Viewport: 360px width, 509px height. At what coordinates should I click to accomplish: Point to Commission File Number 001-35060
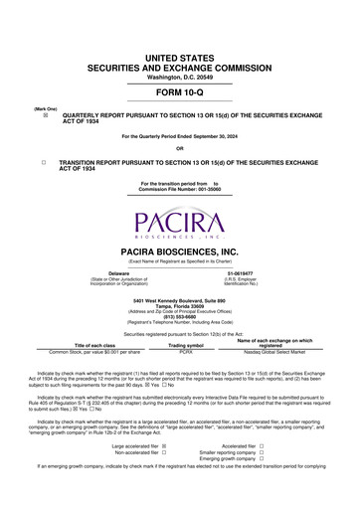tap(180, 189)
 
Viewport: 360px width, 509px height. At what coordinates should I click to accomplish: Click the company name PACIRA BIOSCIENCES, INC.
tap(180, 253)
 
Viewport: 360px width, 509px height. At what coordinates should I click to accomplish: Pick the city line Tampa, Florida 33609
tap(180, 305)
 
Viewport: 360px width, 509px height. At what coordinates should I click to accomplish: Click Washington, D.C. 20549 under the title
tap(180, 49)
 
